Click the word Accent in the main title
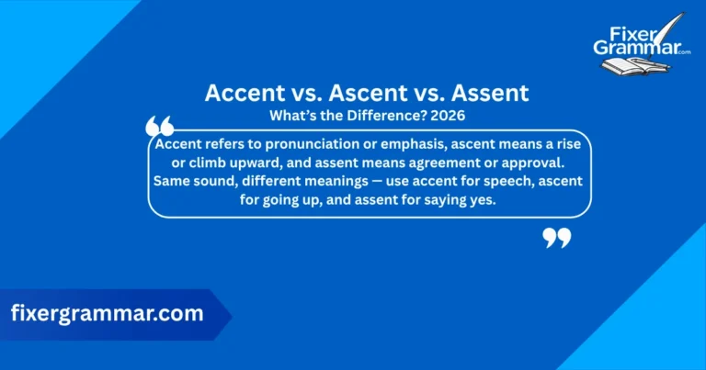242,94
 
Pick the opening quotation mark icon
160,127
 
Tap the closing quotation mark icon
557,238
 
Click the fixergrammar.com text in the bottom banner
107,313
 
